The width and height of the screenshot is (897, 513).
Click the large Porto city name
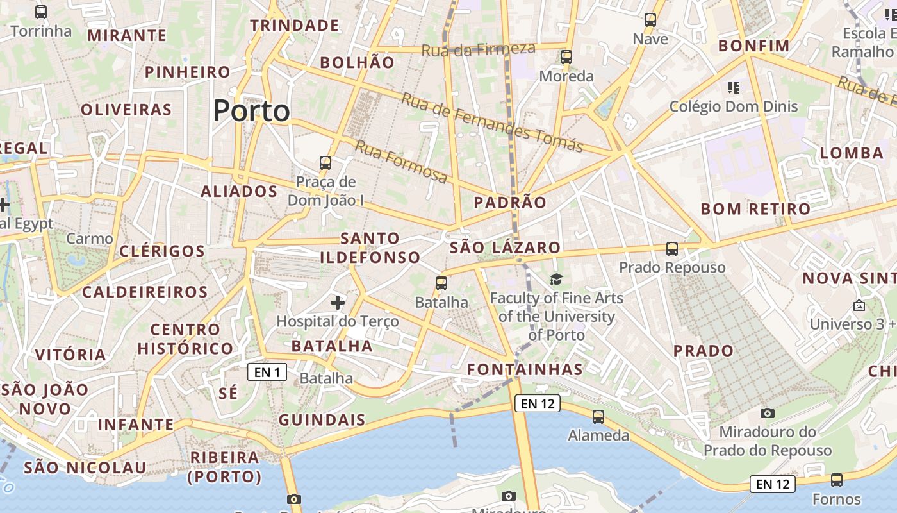coord(251,111)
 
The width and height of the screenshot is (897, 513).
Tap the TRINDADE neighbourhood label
coord(295,26)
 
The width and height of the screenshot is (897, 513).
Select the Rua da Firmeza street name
coord(478,49)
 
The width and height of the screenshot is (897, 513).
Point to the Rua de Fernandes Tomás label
coord(492,122)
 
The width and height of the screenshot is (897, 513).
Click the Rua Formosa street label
coord(401,162)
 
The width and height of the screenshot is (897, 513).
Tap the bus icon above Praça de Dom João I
coord(325,163)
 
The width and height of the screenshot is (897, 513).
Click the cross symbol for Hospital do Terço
coord(338,302)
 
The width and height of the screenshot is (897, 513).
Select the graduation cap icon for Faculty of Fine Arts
coord(556,279)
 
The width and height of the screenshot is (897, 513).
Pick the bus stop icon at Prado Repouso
coord(671,248)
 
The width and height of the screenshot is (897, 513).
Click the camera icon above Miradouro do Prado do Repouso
coord(767,413)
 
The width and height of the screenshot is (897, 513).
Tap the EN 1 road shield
coord(267,372)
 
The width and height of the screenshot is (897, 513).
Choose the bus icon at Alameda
coord(598,416)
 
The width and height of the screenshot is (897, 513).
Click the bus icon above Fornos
coord(836,480)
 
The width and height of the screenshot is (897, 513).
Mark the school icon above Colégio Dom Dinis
coord(734,87)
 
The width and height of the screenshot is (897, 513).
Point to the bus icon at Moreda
coord(566,56)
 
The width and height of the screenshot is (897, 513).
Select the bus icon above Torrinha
coord(41,12)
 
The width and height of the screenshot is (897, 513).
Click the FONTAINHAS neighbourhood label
coord(525,369)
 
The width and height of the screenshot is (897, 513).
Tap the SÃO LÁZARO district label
coord(505,248)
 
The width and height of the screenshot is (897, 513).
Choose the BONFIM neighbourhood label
coord(753,46)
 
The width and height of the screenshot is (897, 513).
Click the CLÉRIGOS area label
coord(162,251)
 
